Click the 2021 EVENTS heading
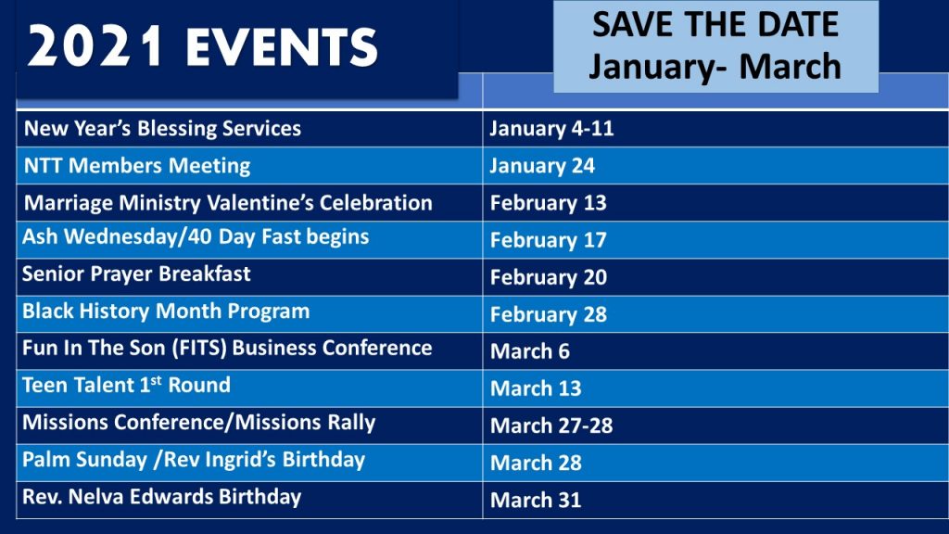point(203,46)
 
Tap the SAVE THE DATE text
point(715,24)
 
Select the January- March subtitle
point(715,66)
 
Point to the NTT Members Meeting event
point(137,165)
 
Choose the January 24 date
point(542,166)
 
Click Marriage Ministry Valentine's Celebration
point(228,202)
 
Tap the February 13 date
point(549,203)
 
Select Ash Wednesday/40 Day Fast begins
point(196,236)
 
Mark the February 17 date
point(549,240)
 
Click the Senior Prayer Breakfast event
point(136,273)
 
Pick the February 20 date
point(549,277)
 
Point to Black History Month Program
point(166,311)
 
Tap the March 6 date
point(529,351)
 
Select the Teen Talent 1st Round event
point(126,385)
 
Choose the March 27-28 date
point(551,426)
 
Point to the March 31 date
point(536,500)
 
